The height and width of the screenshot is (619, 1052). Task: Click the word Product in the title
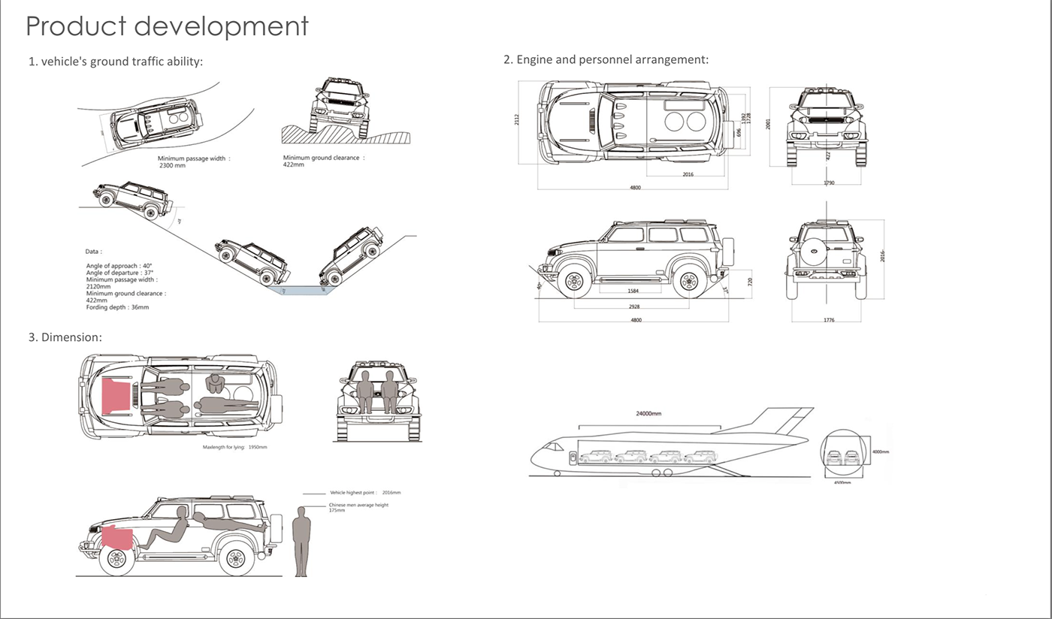(75, 26)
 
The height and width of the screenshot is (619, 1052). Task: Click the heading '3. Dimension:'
(65, 337)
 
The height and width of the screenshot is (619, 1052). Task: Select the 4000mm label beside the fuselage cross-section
(880, 452)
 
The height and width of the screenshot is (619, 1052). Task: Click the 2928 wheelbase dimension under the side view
(635, 307)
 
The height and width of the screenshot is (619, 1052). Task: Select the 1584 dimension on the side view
(633, 289)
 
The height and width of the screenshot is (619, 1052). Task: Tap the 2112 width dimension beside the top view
(517, 120)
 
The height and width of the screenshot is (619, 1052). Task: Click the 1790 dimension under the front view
(828, 183)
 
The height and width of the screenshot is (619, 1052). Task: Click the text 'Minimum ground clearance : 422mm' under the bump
(323, 161)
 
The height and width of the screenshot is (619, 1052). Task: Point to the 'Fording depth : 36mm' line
(118, 307)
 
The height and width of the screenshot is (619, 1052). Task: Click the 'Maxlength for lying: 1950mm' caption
(234, 447)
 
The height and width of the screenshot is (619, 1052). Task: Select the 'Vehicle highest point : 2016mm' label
(365, 493)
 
